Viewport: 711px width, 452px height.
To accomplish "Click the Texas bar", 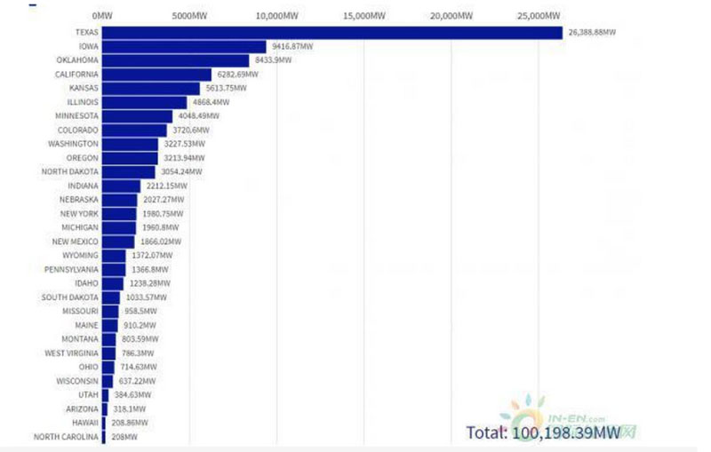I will (332, 33).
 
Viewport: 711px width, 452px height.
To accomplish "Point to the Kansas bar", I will (150, 88).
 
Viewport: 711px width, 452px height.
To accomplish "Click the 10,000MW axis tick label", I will (276, 16).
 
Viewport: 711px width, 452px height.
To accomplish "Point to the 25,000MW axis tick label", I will (540, 16).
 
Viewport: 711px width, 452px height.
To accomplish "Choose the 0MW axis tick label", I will (101, 16).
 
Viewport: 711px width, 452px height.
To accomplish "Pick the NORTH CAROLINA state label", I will (66, 436).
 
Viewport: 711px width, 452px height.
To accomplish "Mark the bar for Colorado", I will (133, 130).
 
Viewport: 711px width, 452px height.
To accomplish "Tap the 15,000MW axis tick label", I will (364, 16).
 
